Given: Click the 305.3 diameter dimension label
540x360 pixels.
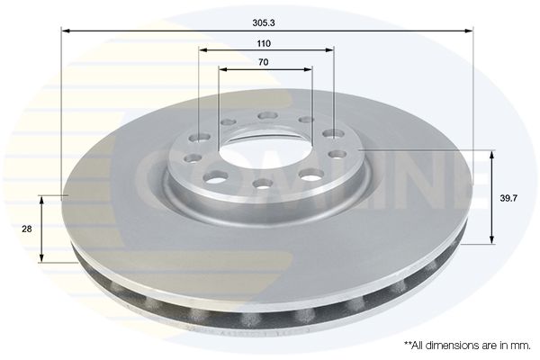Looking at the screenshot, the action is point(264,23).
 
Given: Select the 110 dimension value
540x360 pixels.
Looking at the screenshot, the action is point(264,44).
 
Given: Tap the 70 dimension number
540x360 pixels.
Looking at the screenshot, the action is point(263,62).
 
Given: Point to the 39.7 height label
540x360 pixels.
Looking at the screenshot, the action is point(508,198).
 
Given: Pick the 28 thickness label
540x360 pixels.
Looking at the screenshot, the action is point(26,229).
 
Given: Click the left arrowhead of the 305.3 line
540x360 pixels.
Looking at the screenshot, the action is point(66,31).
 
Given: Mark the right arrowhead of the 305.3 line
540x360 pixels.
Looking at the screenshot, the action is point(469,31).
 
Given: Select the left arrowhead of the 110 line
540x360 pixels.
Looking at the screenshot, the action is point(203,50).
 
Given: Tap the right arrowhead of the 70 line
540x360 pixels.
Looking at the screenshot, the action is point(308,69).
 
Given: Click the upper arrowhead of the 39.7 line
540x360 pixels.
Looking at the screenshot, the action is point(491,155).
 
